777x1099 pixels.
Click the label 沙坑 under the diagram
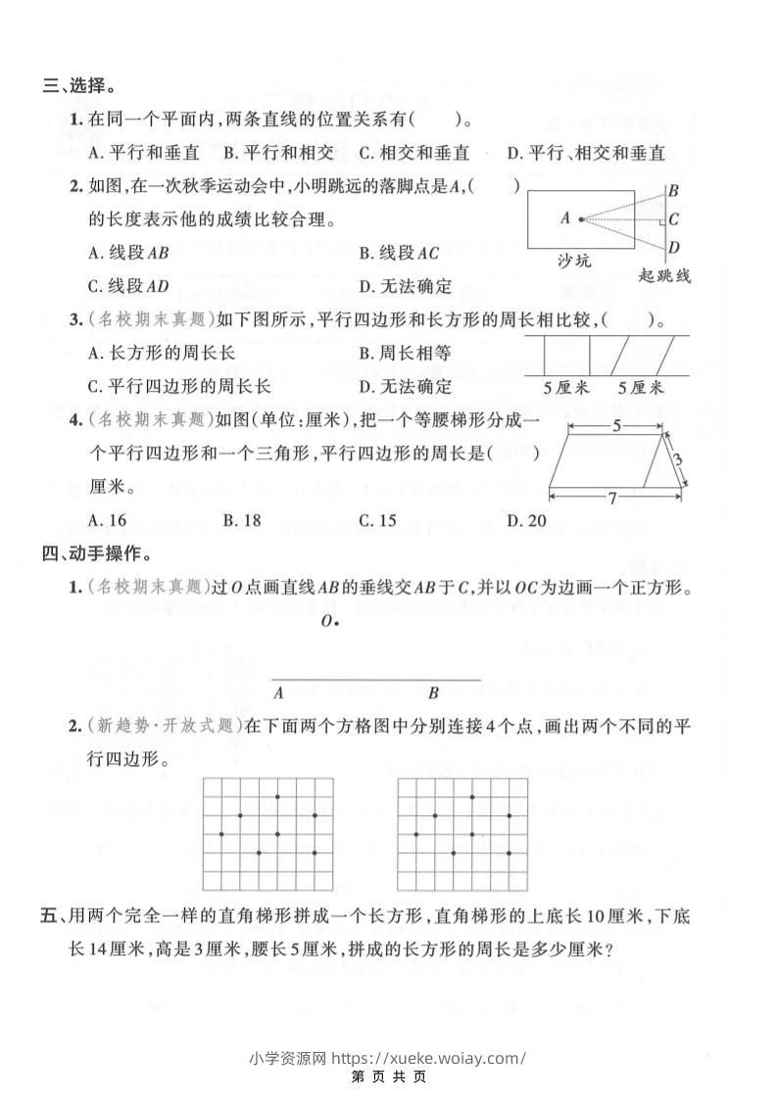[x=575, y=263]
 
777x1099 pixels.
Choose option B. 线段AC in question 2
[x=399, y=253]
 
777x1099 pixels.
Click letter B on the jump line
[x=674, y=191]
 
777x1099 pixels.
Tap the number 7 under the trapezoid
[x=611, y=499]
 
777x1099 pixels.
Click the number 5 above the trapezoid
[x=614, y=426]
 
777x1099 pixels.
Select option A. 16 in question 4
[x=107, y=520]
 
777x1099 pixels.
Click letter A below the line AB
[x=279, y=693]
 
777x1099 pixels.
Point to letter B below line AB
[x=433, y=693]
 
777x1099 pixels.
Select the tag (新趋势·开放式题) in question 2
[x=163, y=727]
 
